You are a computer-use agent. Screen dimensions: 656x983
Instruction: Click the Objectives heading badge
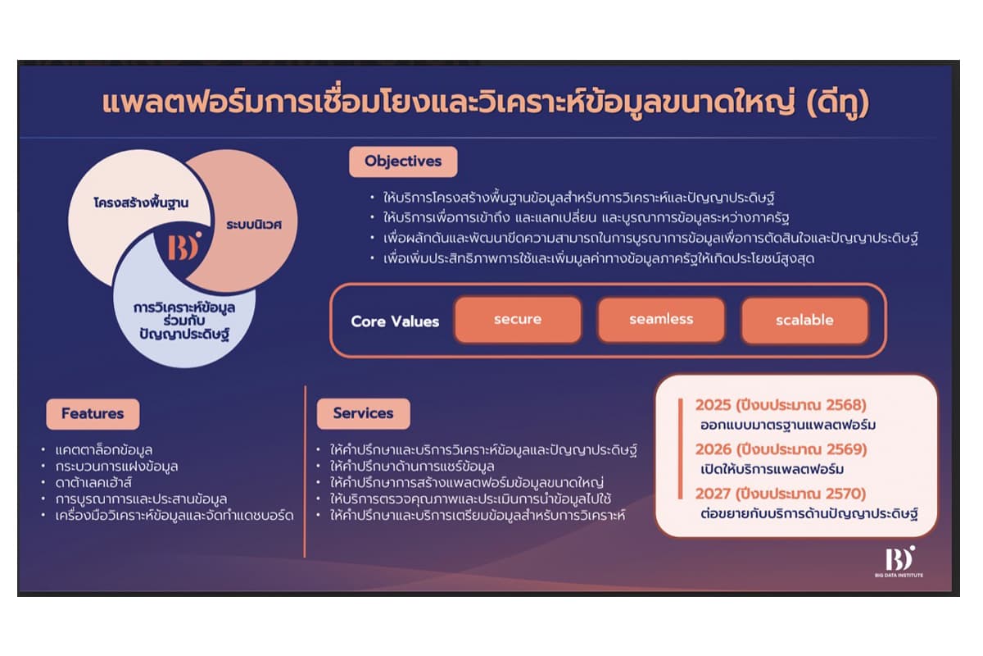[403, 161]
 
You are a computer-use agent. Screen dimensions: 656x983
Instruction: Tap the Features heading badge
[92, 413]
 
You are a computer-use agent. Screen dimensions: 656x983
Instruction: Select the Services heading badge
[363, 413]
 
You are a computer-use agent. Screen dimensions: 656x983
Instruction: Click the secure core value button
[518, 320]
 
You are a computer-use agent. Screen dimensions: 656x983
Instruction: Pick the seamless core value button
[661, 320]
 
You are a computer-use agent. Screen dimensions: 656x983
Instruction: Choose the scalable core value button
[804, 320]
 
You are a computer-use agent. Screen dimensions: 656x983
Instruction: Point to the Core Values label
[395, 321]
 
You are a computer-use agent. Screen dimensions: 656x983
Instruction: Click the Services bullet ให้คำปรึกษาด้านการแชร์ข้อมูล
[412, 466]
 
